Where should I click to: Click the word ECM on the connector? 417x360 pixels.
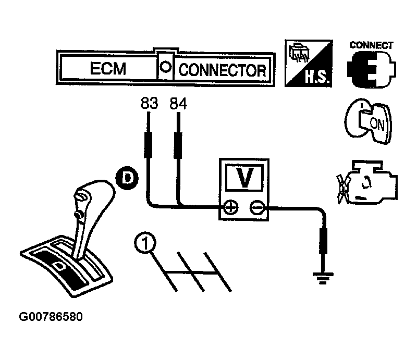click(x=108, y=69)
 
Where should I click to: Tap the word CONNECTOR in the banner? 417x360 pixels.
click(x=223, y=70)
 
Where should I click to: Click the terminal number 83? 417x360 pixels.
click(x=149, y=104)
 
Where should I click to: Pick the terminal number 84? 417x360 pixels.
click(x=178, y=104)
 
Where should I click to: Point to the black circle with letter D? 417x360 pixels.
click(x=125, y=179)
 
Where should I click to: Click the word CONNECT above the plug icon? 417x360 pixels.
click(x=371, y=45)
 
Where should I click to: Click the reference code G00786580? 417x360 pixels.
click(x=51, y=317)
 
